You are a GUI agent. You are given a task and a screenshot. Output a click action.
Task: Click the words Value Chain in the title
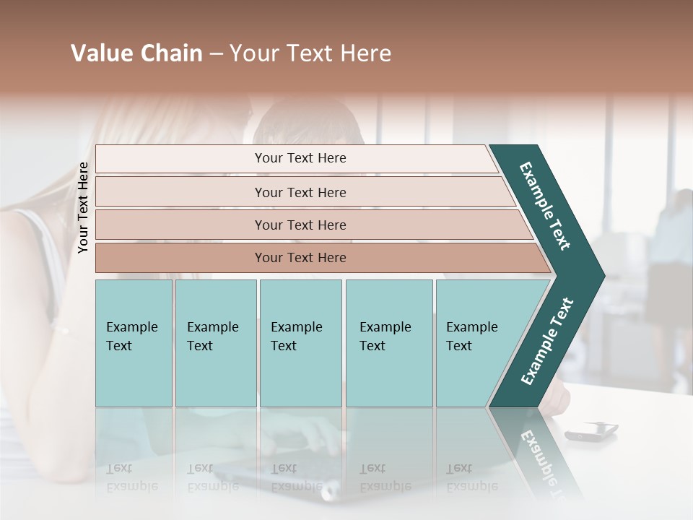point(136,53)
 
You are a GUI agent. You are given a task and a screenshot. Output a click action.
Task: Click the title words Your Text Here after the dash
point(310,53)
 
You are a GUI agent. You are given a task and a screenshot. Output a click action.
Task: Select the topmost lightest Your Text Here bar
point(300,158)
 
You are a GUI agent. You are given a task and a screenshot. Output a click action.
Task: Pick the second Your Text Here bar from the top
point(300,192)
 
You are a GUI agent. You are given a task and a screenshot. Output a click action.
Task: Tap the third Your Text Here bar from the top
point(300,225)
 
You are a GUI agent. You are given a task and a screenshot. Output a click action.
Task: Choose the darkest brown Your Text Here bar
point(300,258)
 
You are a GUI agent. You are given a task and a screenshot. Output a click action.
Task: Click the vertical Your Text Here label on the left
point(83,207)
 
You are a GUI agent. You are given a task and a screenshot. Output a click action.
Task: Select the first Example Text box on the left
point(133,337)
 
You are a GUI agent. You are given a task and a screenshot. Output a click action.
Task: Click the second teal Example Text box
point(214,337)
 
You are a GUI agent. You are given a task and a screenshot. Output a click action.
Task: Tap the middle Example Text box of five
point(300,337)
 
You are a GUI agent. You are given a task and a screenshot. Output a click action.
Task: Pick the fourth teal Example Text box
point(388,337)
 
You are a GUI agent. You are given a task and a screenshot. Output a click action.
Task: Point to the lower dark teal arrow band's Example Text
point(546,342)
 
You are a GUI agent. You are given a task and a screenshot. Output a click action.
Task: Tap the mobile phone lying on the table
point(591,432)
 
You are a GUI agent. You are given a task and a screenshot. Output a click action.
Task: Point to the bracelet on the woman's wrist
point(61,331)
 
